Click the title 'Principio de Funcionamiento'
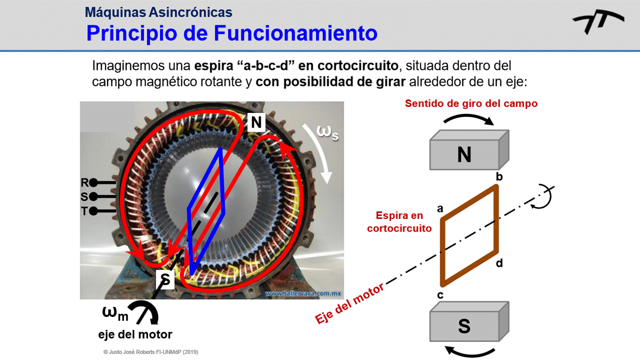[x=232, y=33]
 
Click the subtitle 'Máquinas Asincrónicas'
[x=159, y=11]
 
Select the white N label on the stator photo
[x=256, y=122]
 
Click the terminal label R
[x=85, y=183]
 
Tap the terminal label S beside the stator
[x=85, y=197]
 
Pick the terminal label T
[x=85, y=211]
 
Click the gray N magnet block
[x=465, y=152]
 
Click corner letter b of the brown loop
[x=499, y=177]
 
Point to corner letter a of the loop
[x=440, y=208]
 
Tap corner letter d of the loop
[x=499, y=263]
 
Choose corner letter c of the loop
[x=440, y=295]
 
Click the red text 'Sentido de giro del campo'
[x=471, y=104]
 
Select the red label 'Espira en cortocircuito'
[x=399, y=222]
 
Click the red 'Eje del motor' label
[x=350, y=303]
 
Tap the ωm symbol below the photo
[x=115, y=313]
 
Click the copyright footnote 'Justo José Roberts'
[x=151, y=352]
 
